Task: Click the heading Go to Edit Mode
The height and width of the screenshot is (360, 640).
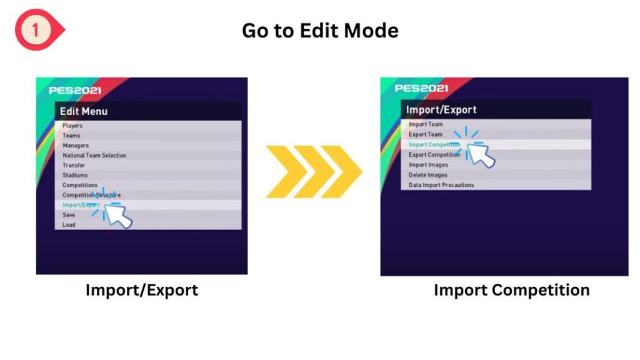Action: [x=320, y=31]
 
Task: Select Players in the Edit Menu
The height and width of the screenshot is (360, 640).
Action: [x=72, y=126]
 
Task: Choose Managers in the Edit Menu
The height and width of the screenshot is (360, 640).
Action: [x=76, y=145]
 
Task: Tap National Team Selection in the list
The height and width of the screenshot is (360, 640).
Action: [x=94, y=155]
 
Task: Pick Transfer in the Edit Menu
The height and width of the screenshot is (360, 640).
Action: [x=74, y=165]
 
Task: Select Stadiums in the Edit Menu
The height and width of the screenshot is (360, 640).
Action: [x=75, y=175]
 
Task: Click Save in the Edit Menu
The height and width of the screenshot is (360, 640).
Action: [x=69, y=215]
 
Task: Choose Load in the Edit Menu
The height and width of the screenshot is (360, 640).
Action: [x=69, y=224]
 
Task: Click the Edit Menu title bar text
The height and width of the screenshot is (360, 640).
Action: [x=84, y=111]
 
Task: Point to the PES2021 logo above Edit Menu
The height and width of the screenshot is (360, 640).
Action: [x=75, y=90]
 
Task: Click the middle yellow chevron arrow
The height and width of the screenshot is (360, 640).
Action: [x=314, y=172]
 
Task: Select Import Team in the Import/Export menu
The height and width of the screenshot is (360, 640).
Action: [x=426, y=124]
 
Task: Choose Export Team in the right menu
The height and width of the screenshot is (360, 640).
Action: [x=426, y=134]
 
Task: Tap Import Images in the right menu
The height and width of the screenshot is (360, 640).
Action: [x=428, y=165]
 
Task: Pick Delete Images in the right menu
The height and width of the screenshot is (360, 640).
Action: [x=427, y=175]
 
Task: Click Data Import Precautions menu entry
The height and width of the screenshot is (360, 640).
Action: [x=441, y=185]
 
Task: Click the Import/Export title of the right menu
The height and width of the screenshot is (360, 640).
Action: [x=441, y=109]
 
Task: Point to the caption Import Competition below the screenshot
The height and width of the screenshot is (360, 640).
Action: [x=511, y=290]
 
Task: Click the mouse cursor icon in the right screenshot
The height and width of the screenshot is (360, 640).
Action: [x=481, y=155]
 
